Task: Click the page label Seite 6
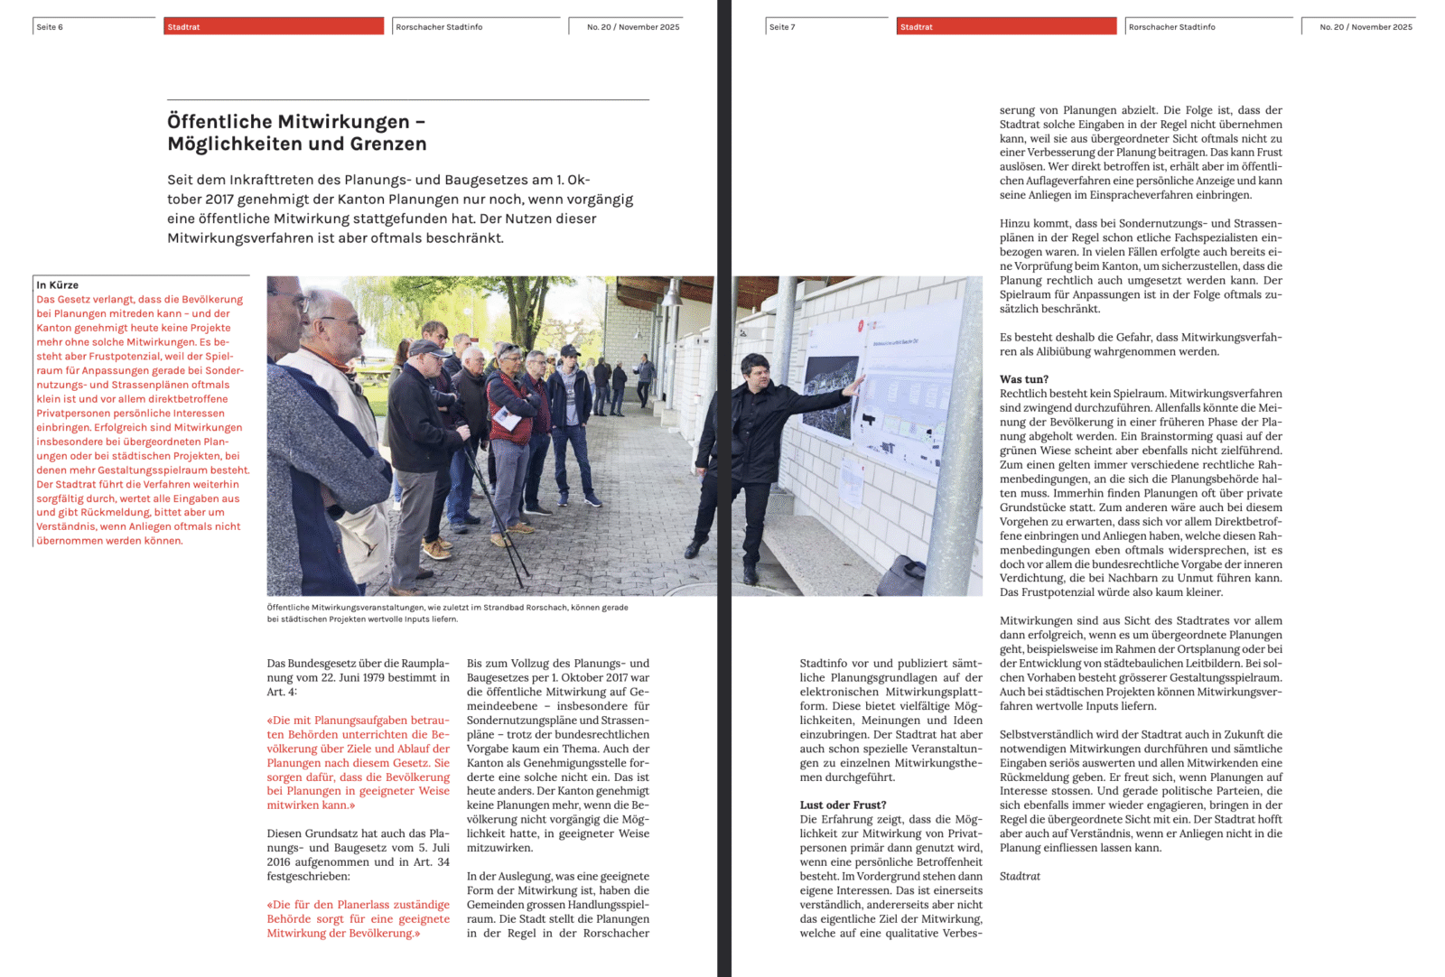tap(50, 27)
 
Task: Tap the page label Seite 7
tap(782, 27)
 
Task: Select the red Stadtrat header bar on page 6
tap(274, 27)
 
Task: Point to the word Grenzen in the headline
tap(389, 144)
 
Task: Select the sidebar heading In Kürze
tap(58, 285)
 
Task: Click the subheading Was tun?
tap(1024, 379)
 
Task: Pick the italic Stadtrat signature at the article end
tap(1020, 876)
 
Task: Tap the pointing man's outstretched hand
tap(854, 383)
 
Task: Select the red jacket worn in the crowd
tap(508, 406)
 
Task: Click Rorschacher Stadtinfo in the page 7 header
tap(1171, 27)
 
